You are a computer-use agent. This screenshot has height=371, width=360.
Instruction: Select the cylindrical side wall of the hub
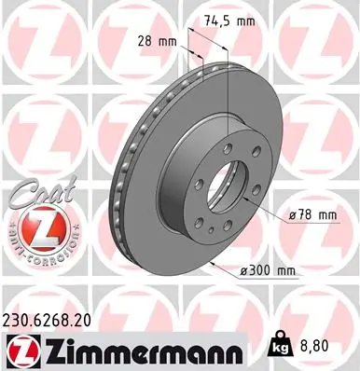pyautogui.click(x=177, y=186)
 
